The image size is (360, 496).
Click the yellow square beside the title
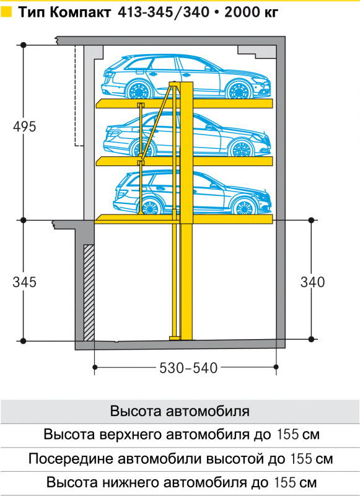(6, 12)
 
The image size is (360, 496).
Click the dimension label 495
(25, 127)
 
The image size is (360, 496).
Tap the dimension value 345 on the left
(25, 282)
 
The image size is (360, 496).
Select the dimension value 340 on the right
(312, 282)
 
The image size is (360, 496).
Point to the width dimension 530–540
(188, 368)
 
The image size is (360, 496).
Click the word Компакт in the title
(81, 12)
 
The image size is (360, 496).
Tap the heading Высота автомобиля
(180, 411)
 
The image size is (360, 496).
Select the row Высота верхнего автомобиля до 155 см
(182, 435)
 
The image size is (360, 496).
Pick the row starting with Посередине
(180, 459)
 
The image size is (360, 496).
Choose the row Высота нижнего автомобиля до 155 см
(182, 483)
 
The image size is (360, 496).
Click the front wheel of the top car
(239, 90)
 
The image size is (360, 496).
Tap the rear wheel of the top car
(138, 90)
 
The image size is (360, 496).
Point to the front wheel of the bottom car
(244, 207)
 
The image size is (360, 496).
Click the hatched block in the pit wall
(89, 292)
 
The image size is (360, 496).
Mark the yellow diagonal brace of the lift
(157, 120)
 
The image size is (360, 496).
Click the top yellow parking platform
(184, 104)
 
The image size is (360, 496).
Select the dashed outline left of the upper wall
(77, 95)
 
